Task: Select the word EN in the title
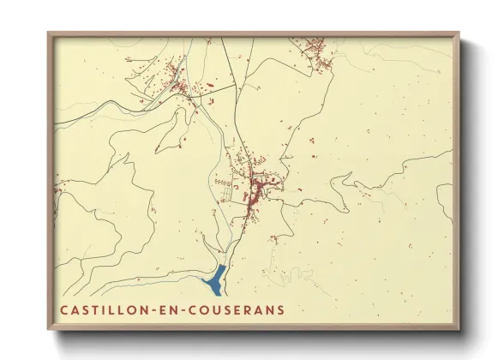pos(174,308)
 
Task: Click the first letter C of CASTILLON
pos(64,308)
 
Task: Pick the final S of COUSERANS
pos(280,308)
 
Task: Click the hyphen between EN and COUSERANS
pos(190,308)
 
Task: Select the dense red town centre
pos(255,189)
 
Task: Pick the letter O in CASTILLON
pos(135,308)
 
